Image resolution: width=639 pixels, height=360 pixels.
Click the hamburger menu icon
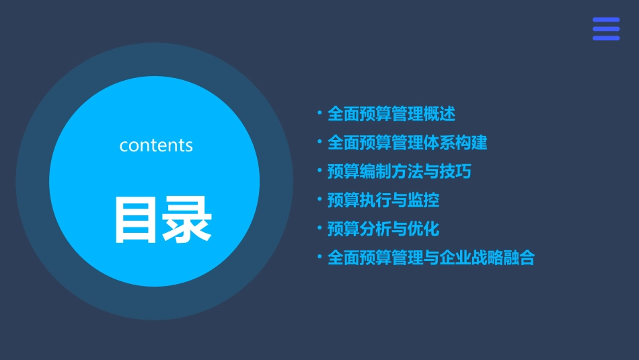click(606, 29)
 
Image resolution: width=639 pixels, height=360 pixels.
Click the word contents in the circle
click(156, 145)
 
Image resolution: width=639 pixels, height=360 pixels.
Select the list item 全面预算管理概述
click(391, 114)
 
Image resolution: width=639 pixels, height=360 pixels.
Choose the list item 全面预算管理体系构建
click(408, 143)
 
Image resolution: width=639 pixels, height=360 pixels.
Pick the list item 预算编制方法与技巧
click(400, 172)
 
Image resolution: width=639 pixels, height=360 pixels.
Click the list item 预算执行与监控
click(383, 200)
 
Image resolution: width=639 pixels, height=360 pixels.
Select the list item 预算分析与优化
click(383, 229)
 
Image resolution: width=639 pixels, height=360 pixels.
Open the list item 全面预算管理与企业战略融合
click(431, 258)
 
